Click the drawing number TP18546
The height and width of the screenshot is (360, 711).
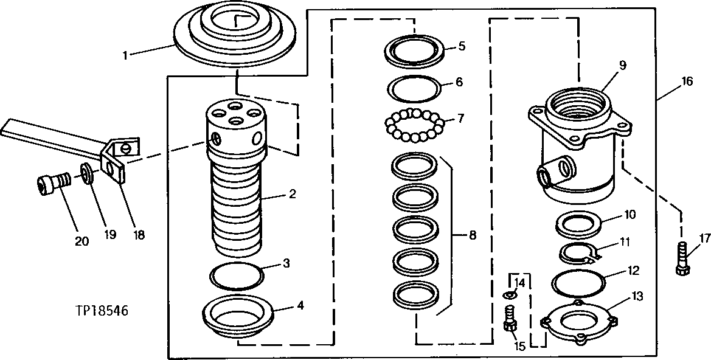(x=102, y=311)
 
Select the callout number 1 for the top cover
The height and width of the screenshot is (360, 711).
(x=125, y=55)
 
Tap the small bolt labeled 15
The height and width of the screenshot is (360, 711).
(x=510, y=319)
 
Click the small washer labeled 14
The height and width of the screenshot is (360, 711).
(x=510, y=295)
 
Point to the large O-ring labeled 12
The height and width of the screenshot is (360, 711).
(x=578, y=283)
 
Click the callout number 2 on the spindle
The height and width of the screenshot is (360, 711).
(x=293, y=195)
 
